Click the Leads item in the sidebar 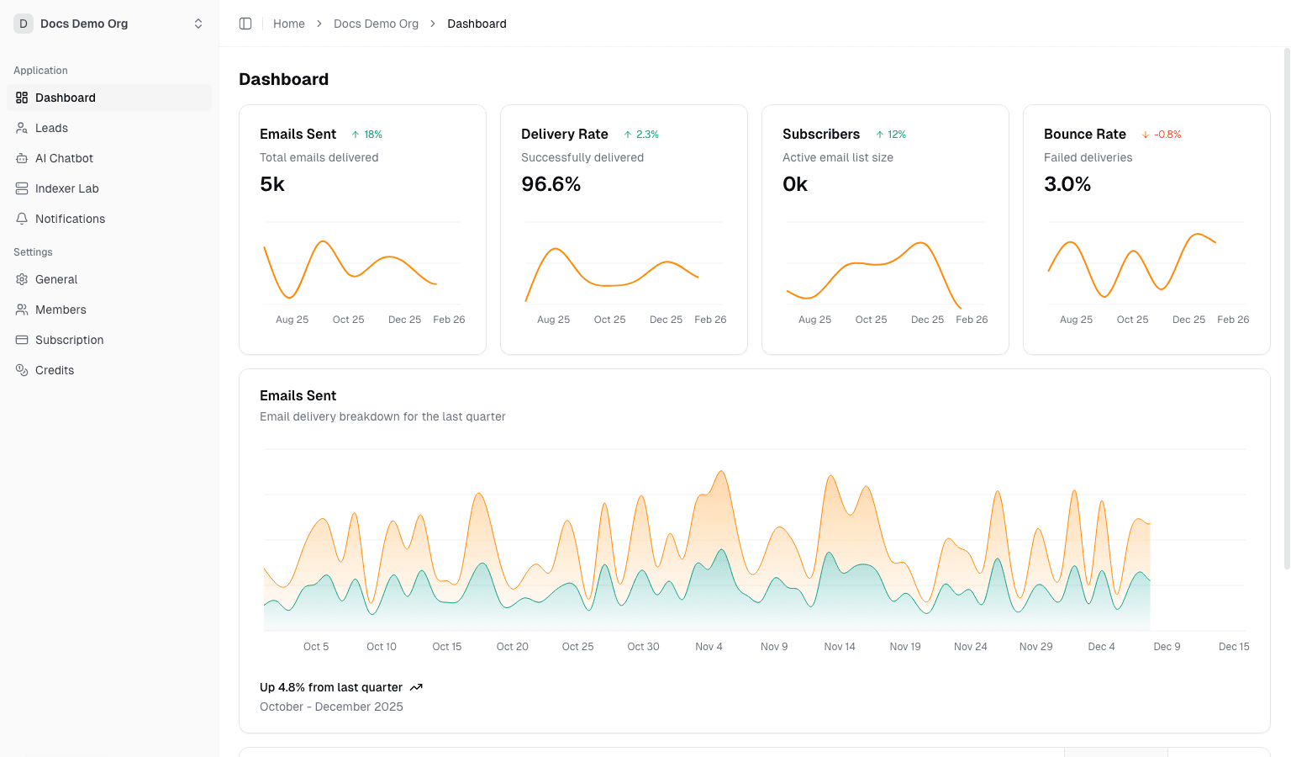(51, 128)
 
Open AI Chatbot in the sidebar (64, 158)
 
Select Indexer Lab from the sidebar (66, 188)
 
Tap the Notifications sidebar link (70, 219)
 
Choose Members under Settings (61, 310)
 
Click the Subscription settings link (69, 340)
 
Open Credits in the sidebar (55, 370)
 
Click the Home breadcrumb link (289, 24)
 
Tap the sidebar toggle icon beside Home (245, 24)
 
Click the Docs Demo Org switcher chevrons (198, 24)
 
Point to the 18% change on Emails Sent (367, 135)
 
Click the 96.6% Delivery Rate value (551, 184)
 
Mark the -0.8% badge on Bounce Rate (1162, 135)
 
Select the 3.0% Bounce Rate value (1067, 184)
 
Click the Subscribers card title (820, 134)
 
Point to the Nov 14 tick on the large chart (840, 647)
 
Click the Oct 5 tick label (316, 647)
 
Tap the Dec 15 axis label (1234, 647)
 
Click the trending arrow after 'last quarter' (416, 687)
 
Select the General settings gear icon (22, 279)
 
